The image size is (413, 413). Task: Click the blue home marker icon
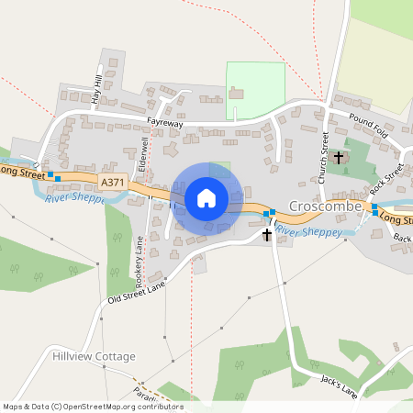pyautogui.click(x=206, y=197)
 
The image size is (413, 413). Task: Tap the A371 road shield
pyautogui.click(x=113, y=183)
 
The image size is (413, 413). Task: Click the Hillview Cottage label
pyautogui.click(x=95, y=356)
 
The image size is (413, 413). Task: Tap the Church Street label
pyautogui.click(x=324, y=151)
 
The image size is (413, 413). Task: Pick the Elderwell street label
pyautogui.click(x=142, y=157)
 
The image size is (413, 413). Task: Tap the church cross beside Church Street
pyautogui.click(x=338, y=158)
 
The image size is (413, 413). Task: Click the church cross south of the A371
pyautogui.click(x=267, y=235)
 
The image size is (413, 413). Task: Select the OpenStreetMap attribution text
pyautogui.click(x=93, y=407)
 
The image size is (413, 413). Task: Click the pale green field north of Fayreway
pyautogui.click(x=256, y=89)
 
